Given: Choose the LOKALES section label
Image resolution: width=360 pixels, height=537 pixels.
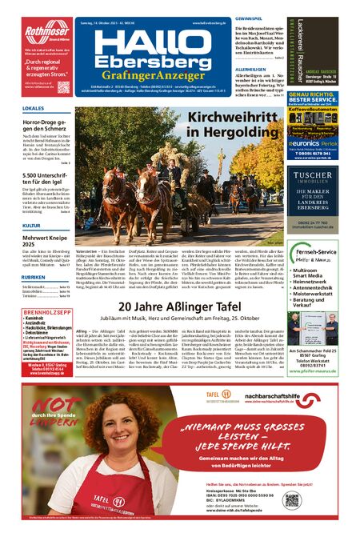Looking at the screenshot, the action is pyautogui.click(x=34, y=107).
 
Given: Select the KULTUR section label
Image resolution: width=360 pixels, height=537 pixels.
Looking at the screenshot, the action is pyautogui.click(x=31, y=226).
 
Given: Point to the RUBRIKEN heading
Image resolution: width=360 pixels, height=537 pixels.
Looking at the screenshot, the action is pyautogui.click(x=34, y=277).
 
